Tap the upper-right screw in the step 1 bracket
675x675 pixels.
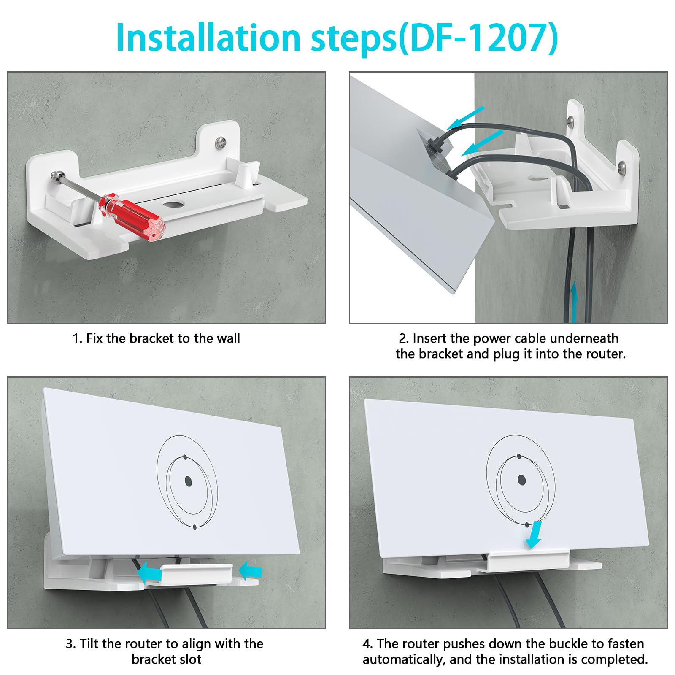point(220,143)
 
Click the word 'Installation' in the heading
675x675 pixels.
point(208,38)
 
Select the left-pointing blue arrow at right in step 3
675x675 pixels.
point(250,571)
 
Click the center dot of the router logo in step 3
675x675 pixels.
point(188,481)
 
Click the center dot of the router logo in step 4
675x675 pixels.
point(521,480)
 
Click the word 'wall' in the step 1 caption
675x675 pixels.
point(228,338)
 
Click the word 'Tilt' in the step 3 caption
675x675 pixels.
point(89,644)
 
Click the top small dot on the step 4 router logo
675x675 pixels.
point(519,456)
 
